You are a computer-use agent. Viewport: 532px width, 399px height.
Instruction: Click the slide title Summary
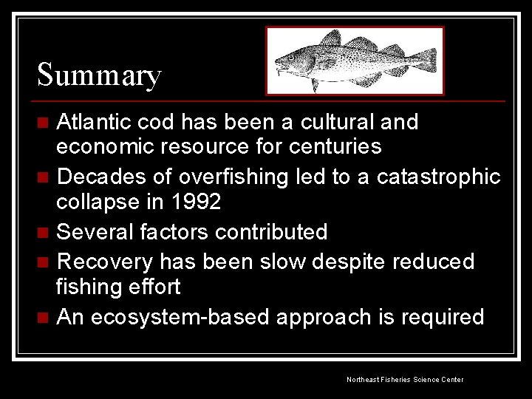coord(99,75)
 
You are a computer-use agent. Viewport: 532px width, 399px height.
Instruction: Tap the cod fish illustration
coord(355,61)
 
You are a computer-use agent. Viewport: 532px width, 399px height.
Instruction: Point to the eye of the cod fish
coord(292,55)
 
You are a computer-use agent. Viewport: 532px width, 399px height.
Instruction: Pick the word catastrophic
coord(438,178)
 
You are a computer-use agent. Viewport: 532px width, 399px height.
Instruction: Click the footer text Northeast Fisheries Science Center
coord(405,379)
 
